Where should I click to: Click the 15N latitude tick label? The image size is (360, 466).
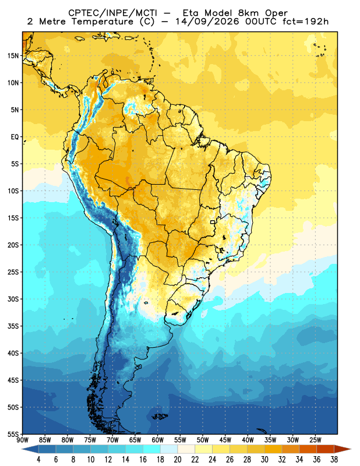13,55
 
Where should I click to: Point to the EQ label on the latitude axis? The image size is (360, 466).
15,137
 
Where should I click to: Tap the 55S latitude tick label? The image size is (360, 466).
13,434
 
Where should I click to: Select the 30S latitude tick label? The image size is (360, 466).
13,299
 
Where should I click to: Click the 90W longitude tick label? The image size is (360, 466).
22,440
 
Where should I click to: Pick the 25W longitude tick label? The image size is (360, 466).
315,440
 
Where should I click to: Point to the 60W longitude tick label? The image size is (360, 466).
157,440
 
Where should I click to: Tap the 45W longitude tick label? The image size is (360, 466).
225,440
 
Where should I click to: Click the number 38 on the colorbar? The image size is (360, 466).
334,460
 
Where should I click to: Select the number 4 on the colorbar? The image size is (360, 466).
38,460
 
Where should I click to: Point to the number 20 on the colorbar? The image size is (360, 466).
178,460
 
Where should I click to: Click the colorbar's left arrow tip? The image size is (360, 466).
22,449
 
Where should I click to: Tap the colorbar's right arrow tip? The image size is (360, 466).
351,449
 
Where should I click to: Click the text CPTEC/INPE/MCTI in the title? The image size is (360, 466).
112,13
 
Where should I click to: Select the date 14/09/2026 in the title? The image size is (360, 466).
207,22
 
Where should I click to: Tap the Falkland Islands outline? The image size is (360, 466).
160,416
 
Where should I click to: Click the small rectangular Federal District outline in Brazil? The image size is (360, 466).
213,222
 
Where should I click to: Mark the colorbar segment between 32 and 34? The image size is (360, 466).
291,449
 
